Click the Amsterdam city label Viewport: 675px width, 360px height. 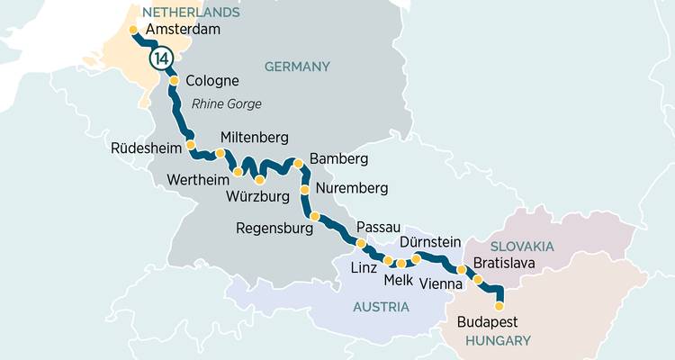click(x=183, y=30)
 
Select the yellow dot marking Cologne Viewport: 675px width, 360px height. click(x=175, y=80)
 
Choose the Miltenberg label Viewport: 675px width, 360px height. click(x=254, y=138)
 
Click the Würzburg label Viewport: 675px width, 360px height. click(x=258, y=196)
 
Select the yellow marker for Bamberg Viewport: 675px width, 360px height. click(x=300, y=164)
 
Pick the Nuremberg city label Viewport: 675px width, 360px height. click(x=351, y=189)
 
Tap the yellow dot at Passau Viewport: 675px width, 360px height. click(x=361, y=243)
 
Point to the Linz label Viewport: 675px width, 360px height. click(x=364, y=269)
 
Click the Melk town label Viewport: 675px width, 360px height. click(x=398, y=281)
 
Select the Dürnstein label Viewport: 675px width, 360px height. click(x=429, y=242)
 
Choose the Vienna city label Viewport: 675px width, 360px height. click(x=441, y=283)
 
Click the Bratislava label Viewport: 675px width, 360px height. click(x=504, y=264)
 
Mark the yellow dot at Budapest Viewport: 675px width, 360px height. click(x=499, y=306)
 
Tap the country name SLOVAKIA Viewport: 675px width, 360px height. click(x=522, y=246)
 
